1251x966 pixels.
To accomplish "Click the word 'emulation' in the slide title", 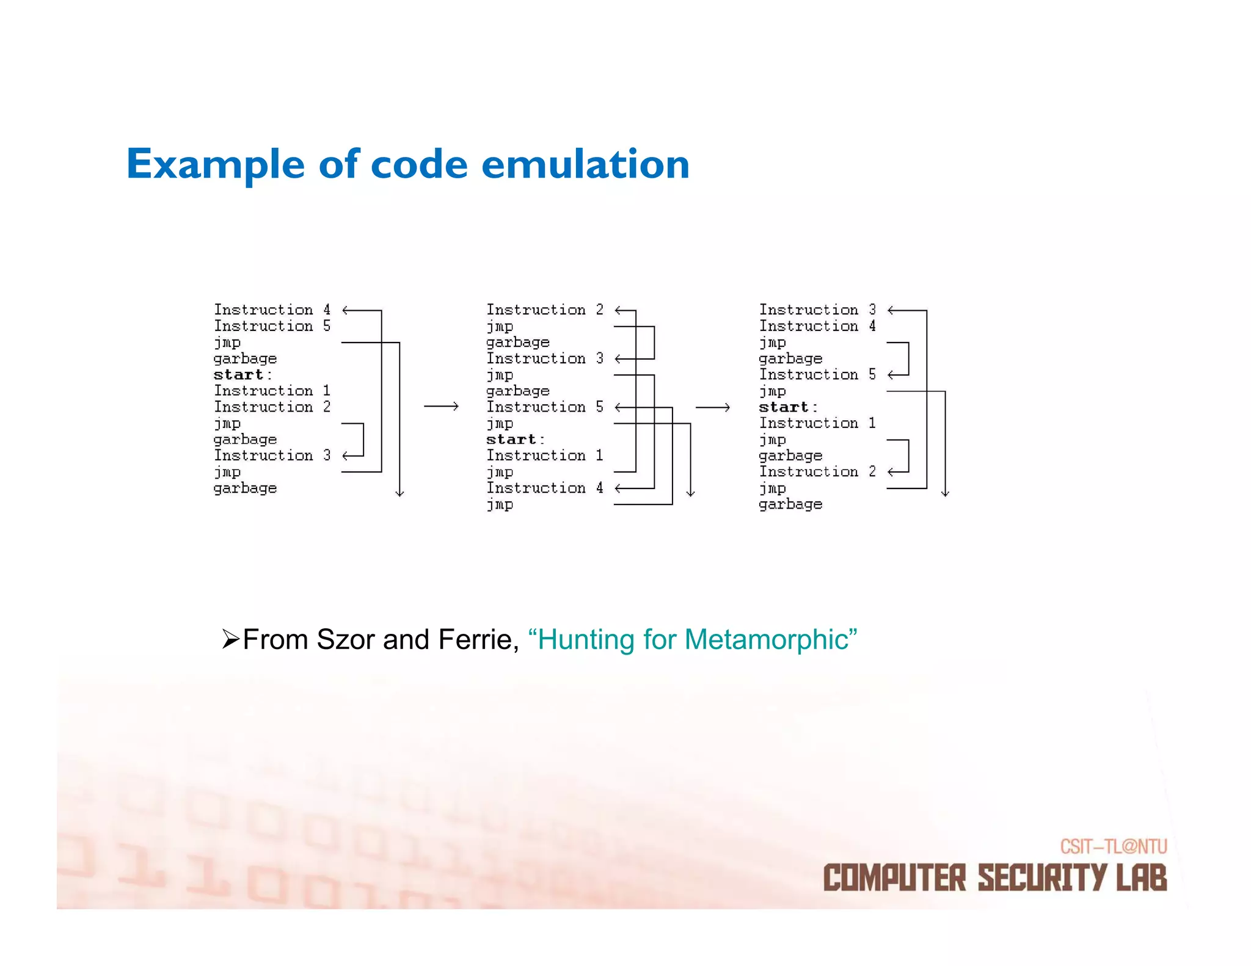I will point(585,165).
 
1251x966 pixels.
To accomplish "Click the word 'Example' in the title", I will point(215,165).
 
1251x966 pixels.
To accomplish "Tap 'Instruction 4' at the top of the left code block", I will point(272,310).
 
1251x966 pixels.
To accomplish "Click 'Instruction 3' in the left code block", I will point(272,456).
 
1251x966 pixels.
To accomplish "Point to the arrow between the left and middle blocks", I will point(441,407).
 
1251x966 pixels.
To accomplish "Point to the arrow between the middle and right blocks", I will point(713,407).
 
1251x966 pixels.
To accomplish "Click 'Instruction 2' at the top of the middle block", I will point(544,310).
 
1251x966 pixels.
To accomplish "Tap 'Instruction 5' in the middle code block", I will point(544,407).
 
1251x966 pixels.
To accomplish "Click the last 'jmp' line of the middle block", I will point(500,504).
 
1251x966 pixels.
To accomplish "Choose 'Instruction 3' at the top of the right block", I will point(817,310).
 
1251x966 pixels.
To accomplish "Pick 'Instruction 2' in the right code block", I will point(817,471).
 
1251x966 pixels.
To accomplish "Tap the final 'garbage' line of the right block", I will point(790,504).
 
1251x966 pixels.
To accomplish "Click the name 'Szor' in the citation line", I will point(345,640).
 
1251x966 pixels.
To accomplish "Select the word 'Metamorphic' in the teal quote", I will point(767,640).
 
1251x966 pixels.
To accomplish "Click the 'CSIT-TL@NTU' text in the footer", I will point(1113,846).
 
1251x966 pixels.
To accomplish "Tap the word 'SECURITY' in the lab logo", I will point(1041,878).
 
